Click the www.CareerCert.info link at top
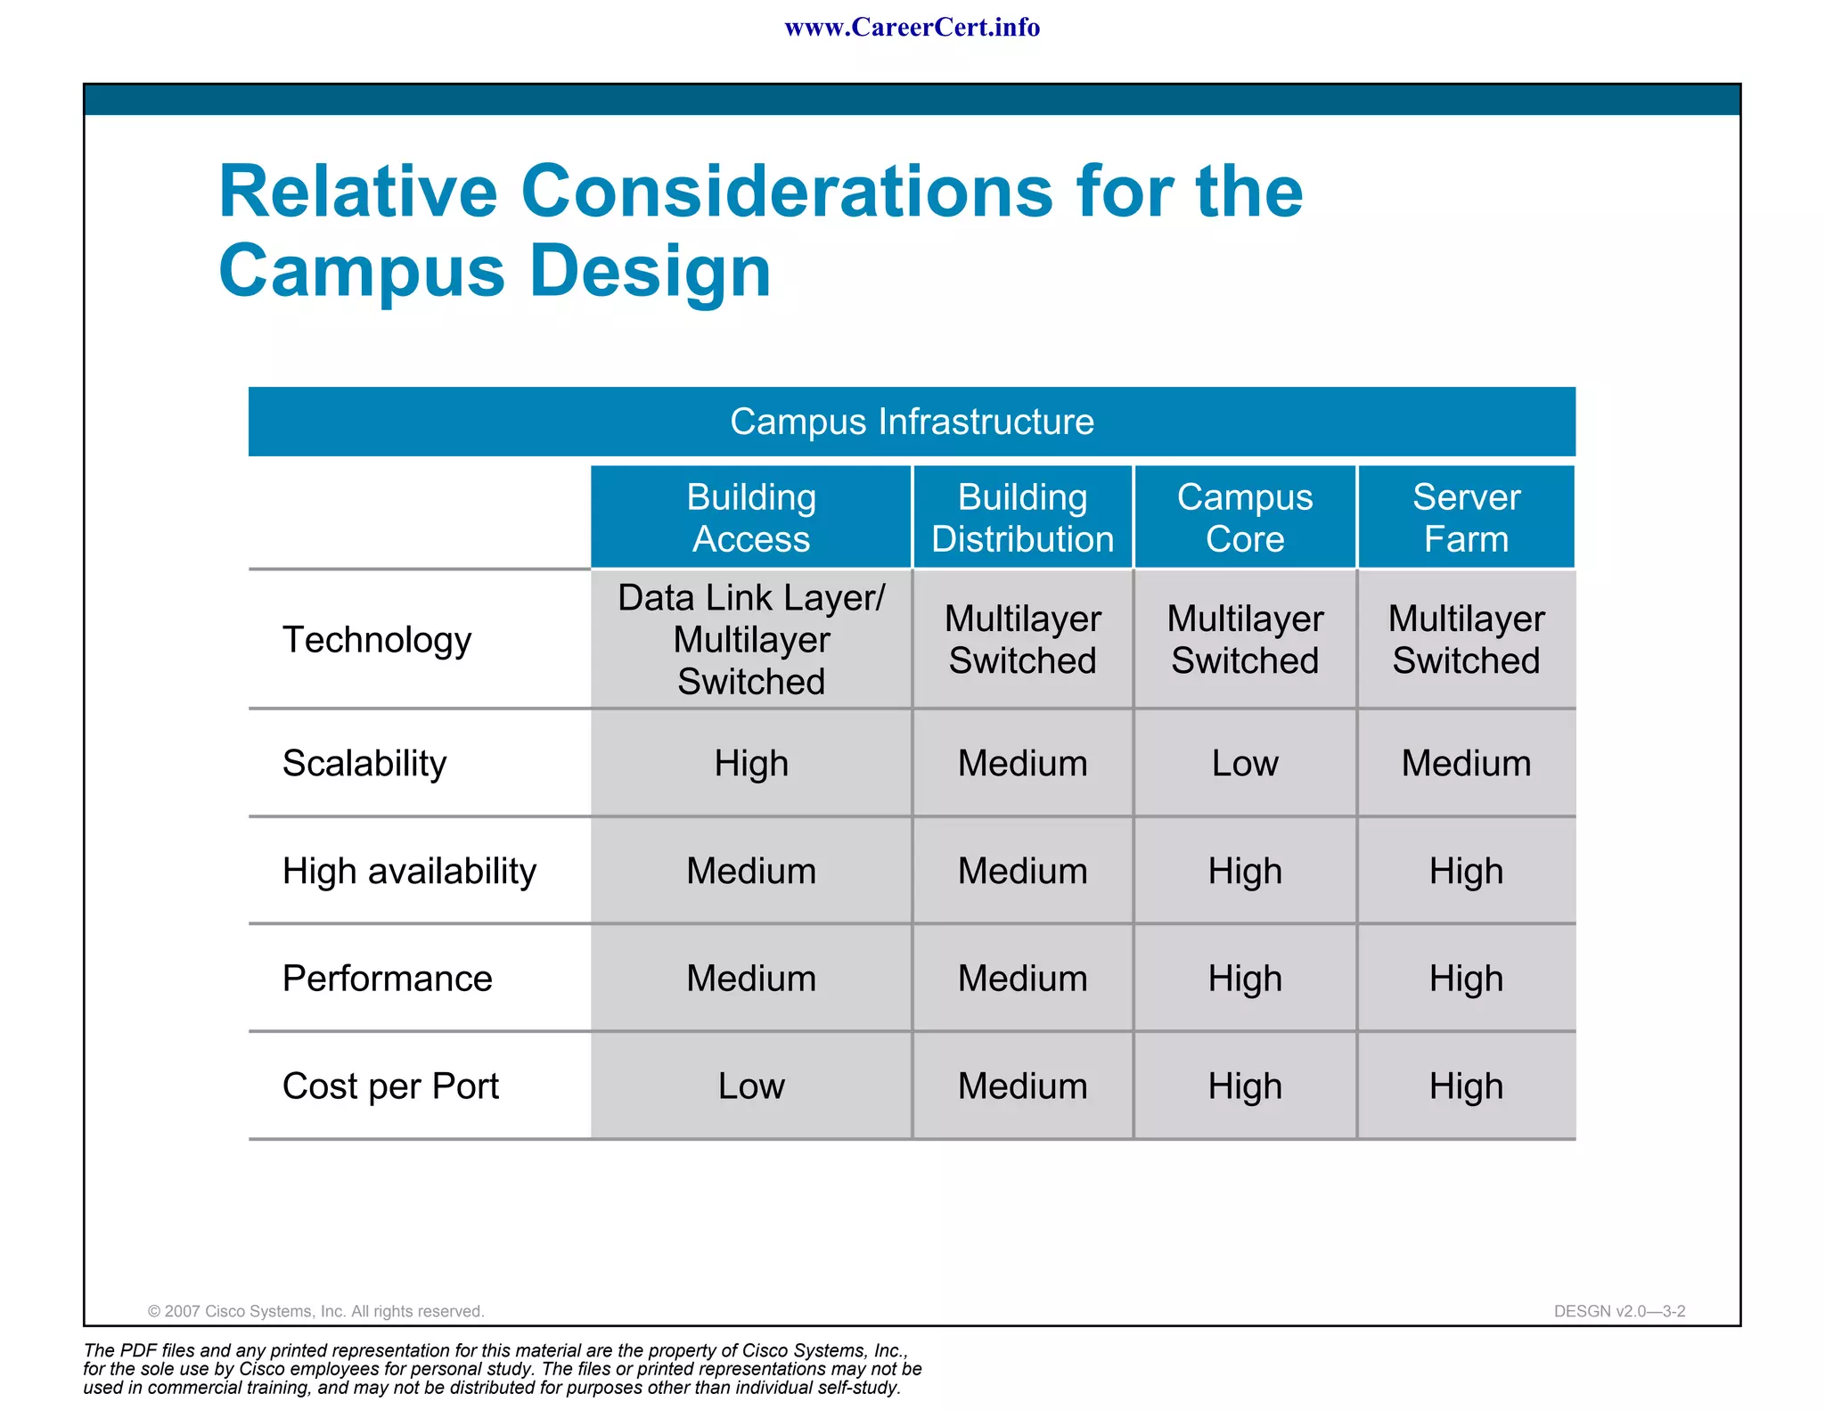(912, 28)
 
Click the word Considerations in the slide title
(787, 192)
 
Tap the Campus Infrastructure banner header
(912, 422)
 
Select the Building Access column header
(751, 518)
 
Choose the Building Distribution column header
(1022, 518)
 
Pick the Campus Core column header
(1245, 518)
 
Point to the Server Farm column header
(1466, 518)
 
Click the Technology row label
(377, 640)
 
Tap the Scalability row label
(364, 763)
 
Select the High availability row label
(409, 871)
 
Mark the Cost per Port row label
(390, 1086)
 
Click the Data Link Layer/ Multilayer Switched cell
(751, 640)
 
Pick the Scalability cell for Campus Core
(1245, 763)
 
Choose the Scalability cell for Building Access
(751, 763)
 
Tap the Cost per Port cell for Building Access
(751, 1086)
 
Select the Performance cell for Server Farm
(1466, 979)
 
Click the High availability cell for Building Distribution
(1022, 871)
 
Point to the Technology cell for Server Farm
(1466, 640)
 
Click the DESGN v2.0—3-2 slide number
(1619, 1311)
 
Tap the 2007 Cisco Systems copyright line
(315, 1311)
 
